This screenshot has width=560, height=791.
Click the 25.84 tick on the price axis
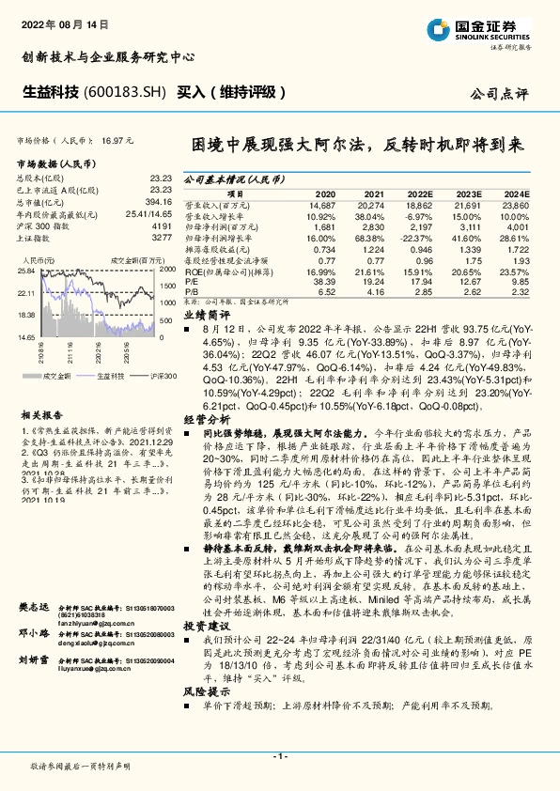(x=26, y=270)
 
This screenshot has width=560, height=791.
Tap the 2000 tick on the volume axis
(x=169, y=270)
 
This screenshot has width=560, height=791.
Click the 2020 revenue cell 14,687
(x=321, y=204)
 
